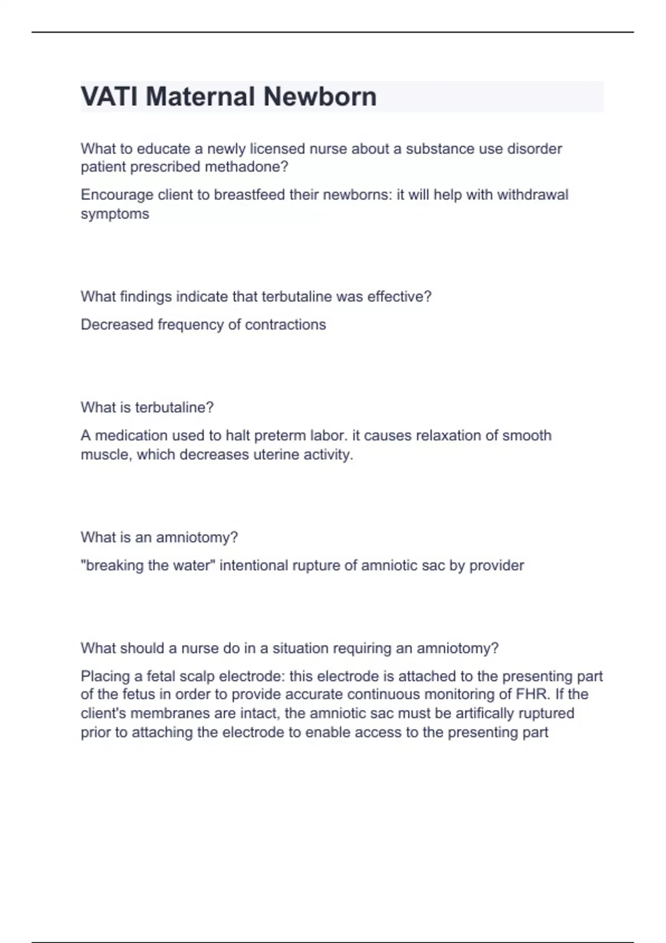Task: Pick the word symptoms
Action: (x=115, y=214)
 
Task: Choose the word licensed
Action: (x=277, y=149)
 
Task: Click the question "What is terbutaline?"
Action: (x=147, y=408)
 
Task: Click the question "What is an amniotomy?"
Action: (x=159, y=538)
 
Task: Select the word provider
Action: (x=496, y=566)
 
